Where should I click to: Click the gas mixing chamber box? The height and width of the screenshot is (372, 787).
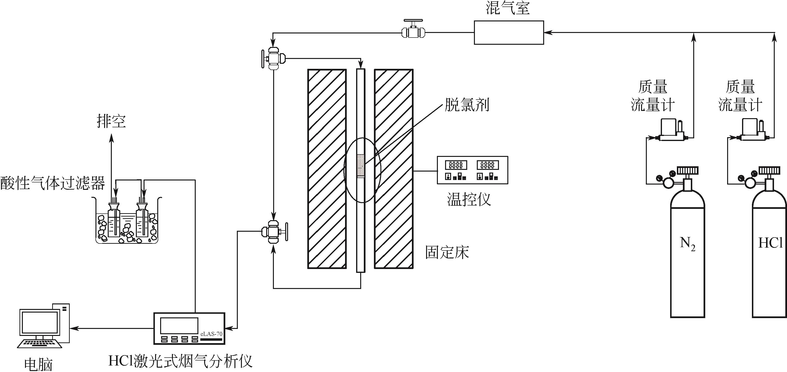509,32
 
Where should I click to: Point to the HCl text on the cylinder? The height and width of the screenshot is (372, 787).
770,243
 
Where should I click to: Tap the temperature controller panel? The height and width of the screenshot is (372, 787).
472,170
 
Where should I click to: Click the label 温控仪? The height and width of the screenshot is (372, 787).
469,199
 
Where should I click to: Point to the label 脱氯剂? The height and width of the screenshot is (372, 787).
467,105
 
